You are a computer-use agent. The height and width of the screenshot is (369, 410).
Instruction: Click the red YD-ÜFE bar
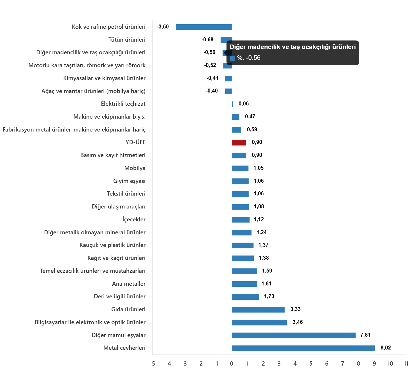(x=239, y=143)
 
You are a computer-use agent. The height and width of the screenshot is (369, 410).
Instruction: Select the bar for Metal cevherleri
(x=303, y=348)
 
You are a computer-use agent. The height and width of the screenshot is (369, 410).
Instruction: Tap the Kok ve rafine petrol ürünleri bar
(x=204, y=27)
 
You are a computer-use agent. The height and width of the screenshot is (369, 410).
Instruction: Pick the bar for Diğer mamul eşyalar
(x=294, y=335)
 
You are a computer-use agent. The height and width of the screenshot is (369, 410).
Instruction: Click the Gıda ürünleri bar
(x=258, y=310)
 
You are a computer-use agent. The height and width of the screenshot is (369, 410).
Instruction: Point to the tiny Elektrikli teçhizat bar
(x=232, y=104)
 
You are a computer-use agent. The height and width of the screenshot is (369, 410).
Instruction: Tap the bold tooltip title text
(x=292, y=47)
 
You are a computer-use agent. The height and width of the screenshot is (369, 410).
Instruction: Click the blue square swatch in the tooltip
(x=233, y=58)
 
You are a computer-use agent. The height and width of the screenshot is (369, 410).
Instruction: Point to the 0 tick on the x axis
(x=232, y=364)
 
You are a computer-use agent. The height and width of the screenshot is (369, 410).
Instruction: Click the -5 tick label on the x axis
(x=152, y=364)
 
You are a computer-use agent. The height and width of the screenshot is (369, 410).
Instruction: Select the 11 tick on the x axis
(x=406, y=364)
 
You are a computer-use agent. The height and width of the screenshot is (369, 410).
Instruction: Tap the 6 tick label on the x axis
(x=327, y=364)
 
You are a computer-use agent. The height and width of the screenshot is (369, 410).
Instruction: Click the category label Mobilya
(x=135, y=168)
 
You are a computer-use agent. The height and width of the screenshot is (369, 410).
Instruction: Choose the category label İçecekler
(x=134, y=220)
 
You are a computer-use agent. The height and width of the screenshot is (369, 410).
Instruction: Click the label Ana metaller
(x=129, y=284)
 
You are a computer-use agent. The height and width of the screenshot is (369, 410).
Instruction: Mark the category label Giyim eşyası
(x=129, y=181)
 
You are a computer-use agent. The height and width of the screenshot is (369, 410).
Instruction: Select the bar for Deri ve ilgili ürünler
(x=245, y=297)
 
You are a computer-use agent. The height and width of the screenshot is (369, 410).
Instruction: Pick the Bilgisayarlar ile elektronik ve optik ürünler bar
(x=259, y=323)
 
